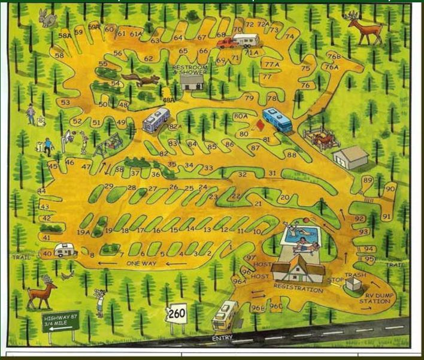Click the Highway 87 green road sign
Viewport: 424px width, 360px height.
[60, 320]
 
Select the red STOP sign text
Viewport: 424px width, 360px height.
[337, 279]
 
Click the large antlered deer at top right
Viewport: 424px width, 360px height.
[367, 29]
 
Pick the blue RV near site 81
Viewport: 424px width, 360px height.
[277, 120]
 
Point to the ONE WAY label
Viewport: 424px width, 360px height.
[141, 263]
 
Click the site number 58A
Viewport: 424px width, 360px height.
[65, 36]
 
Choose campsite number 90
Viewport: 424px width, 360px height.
[390, 189]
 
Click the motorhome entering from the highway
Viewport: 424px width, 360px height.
[225, 315]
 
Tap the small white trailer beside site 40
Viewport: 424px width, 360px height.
[65, 250]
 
